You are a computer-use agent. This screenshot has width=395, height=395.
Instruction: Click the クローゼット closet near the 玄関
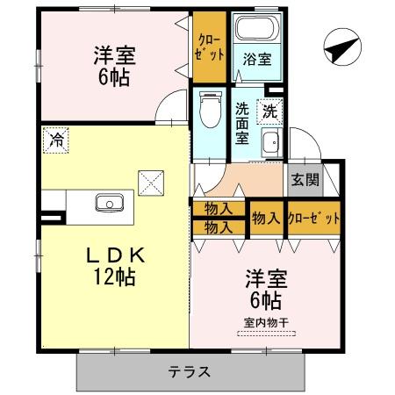[312, 218]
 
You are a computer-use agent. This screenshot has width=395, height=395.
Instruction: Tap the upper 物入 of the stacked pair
[218, 209]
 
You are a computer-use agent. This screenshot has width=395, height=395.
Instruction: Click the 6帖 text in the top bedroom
[111, 77]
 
